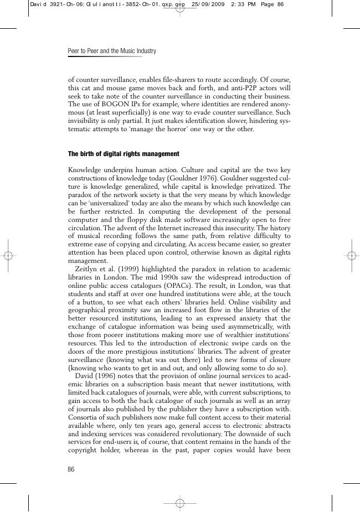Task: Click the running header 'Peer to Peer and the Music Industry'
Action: (x=112, y=51)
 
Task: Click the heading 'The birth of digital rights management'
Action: (x=124, y=153)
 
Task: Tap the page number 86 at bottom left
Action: (x=71, y=469)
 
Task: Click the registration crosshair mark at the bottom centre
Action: (x=180, y=503)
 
